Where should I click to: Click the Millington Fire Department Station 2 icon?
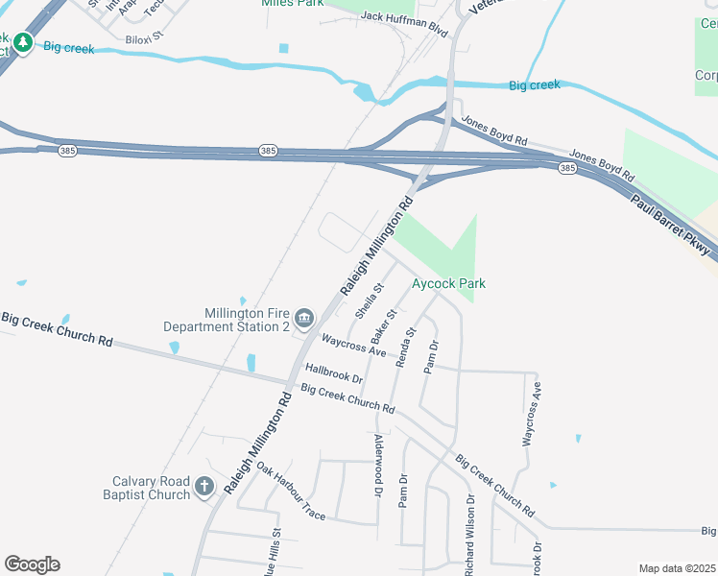(305, 319)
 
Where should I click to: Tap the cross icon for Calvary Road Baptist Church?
(203, 487)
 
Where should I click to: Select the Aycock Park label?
(448, 283)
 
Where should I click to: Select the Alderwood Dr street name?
(379, 465)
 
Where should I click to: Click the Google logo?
(32, 564)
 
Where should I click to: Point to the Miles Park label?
(292, 4)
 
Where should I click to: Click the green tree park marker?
(22, 43)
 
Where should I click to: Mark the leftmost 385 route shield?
(66, 152)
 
